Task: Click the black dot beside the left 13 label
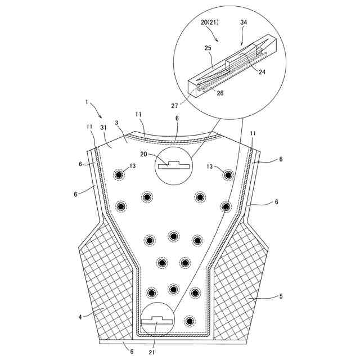click(x=119, y=174)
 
